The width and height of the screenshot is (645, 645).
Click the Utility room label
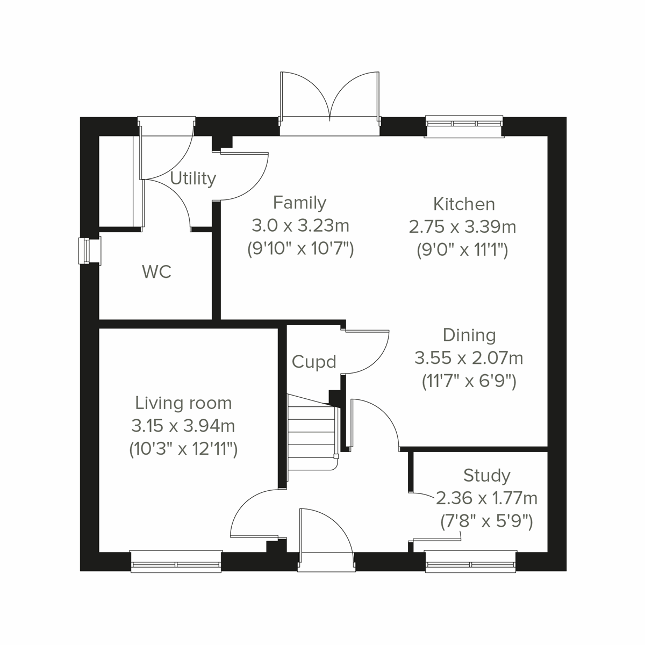click(x=193, y=178)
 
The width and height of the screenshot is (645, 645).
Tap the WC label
click(x=156, y=271)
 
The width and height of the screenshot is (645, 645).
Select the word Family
click(x=299, y=203)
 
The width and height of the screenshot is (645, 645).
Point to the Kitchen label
click(x=464, y=204)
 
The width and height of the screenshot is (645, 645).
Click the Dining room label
click(x=469, y=335)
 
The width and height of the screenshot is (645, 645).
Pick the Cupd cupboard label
click(x=314, y=362)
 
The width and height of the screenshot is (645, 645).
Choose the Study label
click(x=486, y=475)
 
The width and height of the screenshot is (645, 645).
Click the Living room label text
click(x=183, y=403)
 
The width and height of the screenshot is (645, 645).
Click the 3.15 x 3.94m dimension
click(x=183, y=426)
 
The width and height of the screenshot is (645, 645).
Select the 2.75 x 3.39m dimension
click(x=462, y=227)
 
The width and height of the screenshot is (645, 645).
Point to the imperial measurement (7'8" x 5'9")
click(x=486, y=521)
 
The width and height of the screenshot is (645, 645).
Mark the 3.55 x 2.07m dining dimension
click(x=469, y=357)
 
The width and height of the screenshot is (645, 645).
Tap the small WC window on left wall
click(x=85, y=251)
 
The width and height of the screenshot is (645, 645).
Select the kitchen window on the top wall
click(x=464, y=124)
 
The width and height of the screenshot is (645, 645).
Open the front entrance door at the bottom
click(x=326, y=537)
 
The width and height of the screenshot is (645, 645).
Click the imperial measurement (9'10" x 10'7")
click(x=299, y=249)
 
